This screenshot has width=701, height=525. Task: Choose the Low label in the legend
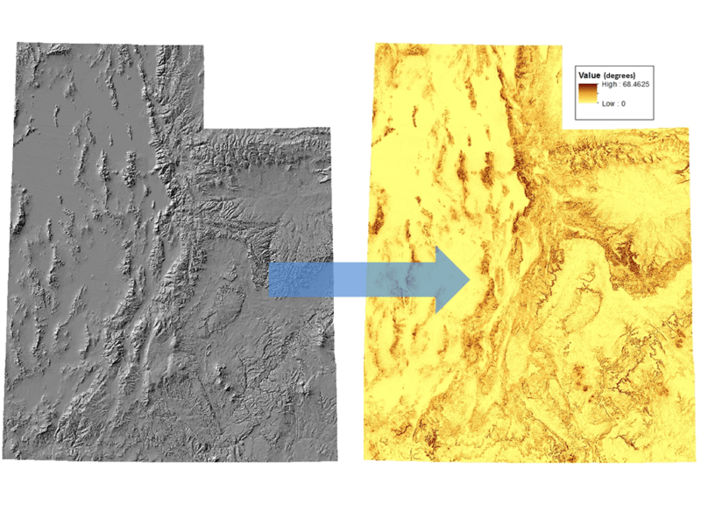point(608,103)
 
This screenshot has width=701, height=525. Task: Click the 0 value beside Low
point(623,103)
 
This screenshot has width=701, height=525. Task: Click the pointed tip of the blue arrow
point(471,279)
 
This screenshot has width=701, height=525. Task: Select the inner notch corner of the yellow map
point(563,130)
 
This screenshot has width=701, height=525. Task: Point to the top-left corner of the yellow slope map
point(376,41)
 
